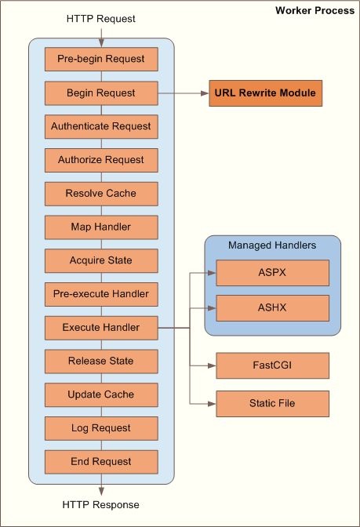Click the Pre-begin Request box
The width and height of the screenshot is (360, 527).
[101, 60]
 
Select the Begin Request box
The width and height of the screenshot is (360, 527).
[101, 93]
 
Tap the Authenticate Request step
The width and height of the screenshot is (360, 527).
[101, 126]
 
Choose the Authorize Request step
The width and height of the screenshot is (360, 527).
[101, 160]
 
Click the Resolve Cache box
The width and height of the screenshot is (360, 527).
[101, 194]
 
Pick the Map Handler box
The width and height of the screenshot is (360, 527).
[101, 227]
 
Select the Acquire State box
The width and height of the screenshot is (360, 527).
[101, 260]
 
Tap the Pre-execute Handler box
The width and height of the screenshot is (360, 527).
[101, 294]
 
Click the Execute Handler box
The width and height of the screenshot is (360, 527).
[101, 328]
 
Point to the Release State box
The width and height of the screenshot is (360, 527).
[101, 361]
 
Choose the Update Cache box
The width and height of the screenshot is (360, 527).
[101, 394]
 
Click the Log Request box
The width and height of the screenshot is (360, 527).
[101, 428]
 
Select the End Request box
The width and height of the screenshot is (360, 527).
[101, 461]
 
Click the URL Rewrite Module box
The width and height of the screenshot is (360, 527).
[265, 93]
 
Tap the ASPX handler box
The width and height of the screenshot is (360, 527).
[272, 274]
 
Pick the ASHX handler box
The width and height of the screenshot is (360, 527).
[272, 307]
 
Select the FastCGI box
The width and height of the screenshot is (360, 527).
[272, 365]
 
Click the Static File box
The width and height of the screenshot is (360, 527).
[272, 403]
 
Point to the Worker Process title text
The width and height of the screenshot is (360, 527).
[315, 10]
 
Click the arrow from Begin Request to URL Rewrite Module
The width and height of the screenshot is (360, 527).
[182, 93]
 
